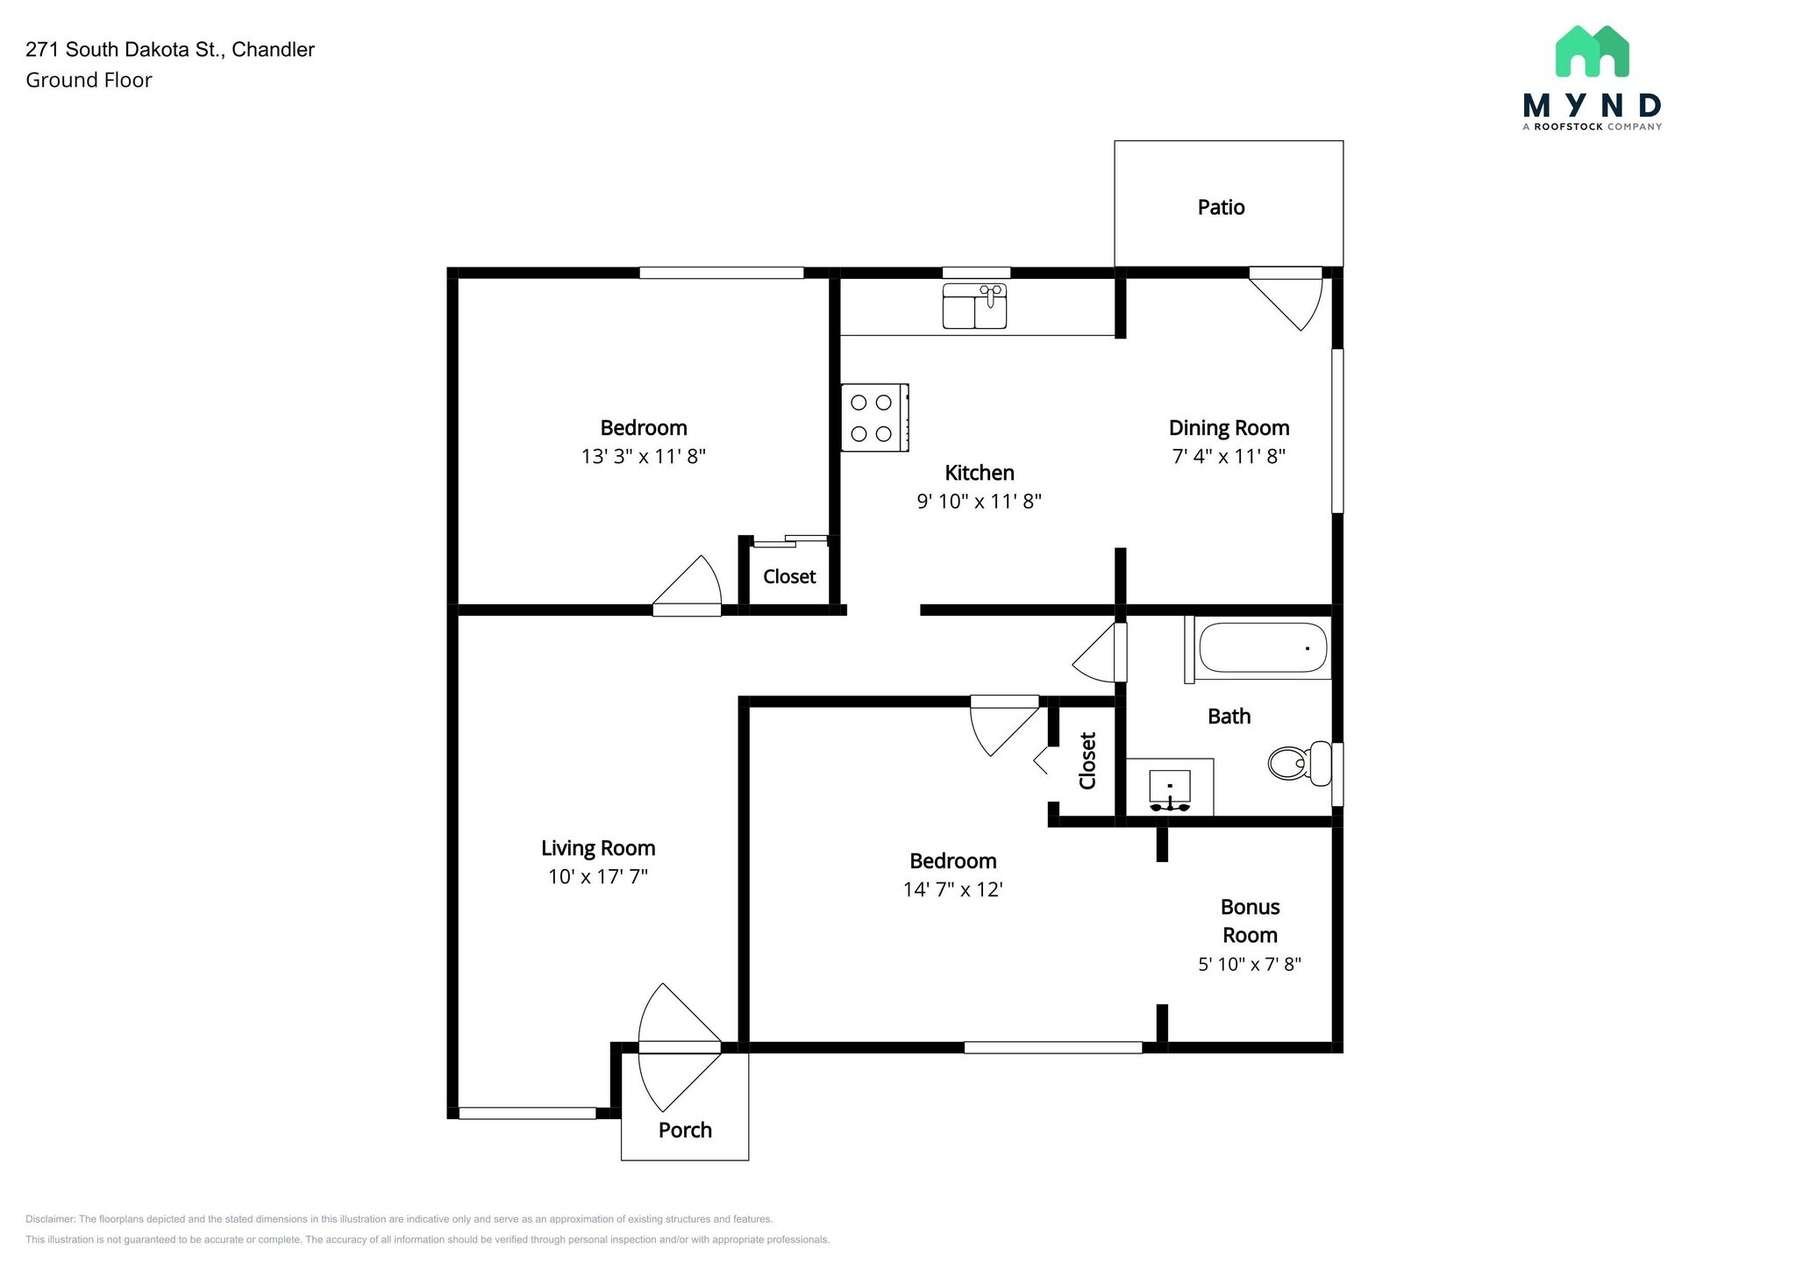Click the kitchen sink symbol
tap(974, 306)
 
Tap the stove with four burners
tap(874, 417)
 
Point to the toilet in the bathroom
tap(1300, 763)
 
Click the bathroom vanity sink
tap(1170, 790)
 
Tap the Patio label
tap(1221, 207)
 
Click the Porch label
tap(685, 1130)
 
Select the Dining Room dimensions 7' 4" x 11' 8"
tap(1229, 456)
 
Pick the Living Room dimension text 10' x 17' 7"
tap(598, 876)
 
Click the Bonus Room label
tap(1250, 921)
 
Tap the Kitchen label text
tap(980, 473)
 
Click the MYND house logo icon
tap(1592, 51)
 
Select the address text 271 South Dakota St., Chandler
tap(170, 50)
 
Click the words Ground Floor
tap(89, 80)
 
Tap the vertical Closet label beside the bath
tap(1087, 760)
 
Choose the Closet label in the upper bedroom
tap(789, 576)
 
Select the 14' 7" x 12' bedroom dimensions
tap(953, 889)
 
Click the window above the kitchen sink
tap(976, 272)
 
